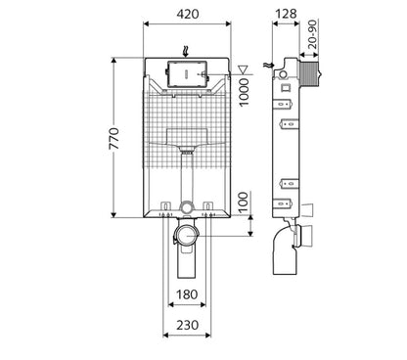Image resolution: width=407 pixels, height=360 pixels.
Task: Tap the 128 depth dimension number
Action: (x=285, y=15)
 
